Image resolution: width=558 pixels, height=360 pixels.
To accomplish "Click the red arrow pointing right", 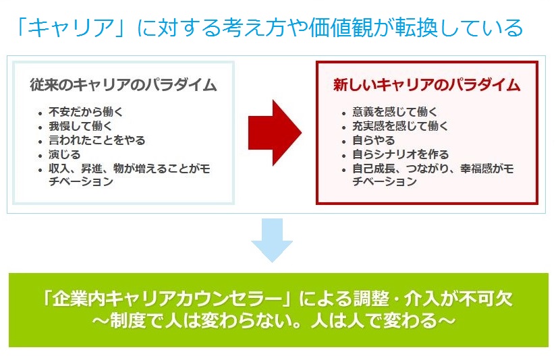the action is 275,133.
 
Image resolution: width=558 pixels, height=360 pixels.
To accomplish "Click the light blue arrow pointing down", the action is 272,241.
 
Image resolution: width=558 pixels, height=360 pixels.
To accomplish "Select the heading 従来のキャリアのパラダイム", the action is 123,85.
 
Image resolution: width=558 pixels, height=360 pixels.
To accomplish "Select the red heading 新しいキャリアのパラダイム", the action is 426,85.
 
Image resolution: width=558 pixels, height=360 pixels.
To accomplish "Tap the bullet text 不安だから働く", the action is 86,112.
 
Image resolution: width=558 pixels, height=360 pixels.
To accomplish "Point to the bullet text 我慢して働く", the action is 80,126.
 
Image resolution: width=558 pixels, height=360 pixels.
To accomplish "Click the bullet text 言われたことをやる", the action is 96,140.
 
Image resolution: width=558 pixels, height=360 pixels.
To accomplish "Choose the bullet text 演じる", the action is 64,154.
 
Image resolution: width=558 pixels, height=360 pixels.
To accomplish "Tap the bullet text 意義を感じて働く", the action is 395,112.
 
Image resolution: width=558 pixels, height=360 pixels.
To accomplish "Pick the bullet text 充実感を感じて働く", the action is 400,126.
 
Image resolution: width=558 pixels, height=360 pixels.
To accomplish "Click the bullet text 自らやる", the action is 373,140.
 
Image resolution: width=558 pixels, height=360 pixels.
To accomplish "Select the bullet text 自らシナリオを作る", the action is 400,154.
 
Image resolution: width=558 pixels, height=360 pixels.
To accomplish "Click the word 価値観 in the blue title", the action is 341,28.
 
